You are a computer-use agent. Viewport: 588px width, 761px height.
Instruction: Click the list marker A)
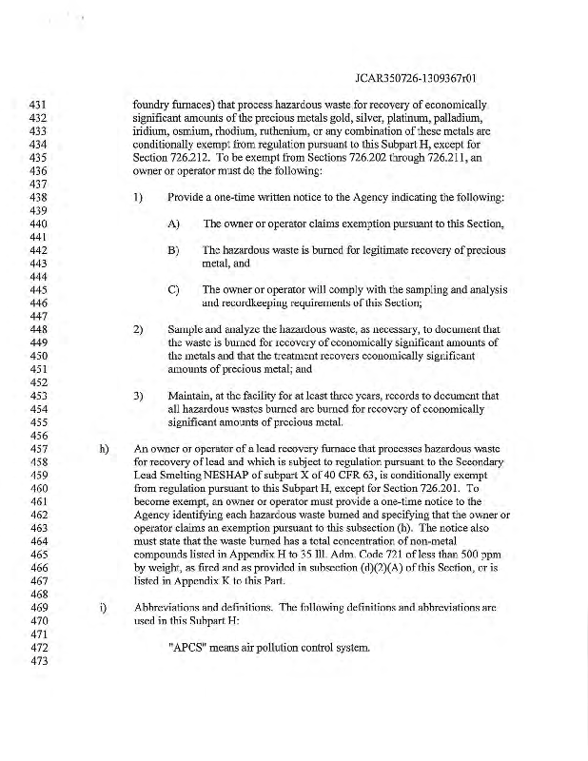pyautogui.click(x=173, y=223)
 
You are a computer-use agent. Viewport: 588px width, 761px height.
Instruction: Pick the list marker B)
pyautogui.click(x=173, y=249)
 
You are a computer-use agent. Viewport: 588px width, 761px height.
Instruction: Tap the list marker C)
pyautogui.click(x=173, y=288)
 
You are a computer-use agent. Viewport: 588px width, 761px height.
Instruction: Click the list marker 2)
pyautogui.click(x=139, y=328)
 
